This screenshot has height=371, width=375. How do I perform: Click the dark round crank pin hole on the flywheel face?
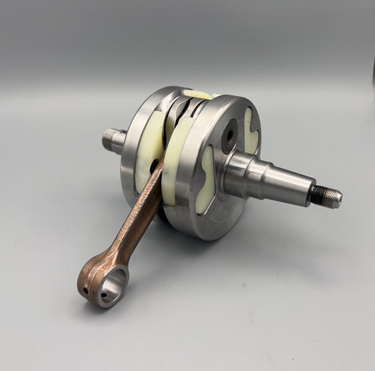(230, 136)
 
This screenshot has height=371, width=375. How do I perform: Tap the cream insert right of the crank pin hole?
(251, 128)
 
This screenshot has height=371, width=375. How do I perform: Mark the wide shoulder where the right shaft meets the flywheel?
(241, 174)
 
